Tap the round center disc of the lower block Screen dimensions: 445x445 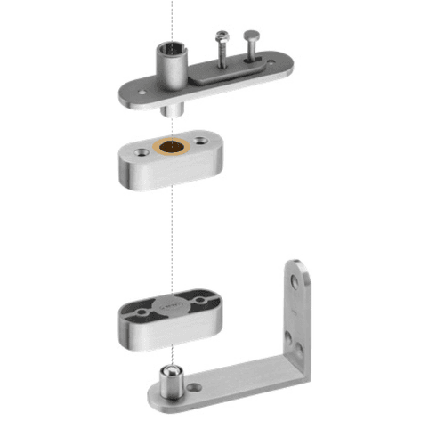click(169, 307)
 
